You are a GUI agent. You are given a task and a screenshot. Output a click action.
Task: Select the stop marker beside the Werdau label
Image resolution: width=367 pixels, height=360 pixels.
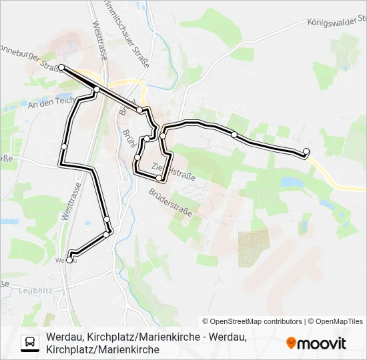pyautogui.click(x=69, y=260)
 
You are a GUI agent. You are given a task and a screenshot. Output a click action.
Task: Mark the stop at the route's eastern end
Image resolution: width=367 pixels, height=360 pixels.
pyautogui.click(x=306, y=151)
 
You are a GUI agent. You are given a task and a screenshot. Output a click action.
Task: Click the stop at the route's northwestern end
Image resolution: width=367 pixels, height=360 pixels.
pyautogui.click(x=61, y=67)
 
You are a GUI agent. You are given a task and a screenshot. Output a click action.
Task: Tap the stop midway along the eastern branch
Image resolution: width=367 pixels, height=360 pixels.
pyautogui.click(x=234, y=135)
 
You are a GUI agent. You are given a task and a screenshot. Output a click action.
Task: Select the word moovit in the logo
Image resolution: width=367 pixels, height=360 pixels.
pyautogui.click(x=322, y=343)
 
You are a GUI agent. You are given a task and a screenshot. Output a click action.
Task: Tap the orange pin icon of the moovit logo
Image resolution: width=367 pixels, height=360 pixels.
pyautogui.click(x=291, y=343)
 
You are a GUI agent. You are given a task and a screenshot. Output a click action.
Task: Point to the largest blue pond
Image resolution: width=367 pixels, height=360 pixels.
pyautogui.click(x=292, y=181)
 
